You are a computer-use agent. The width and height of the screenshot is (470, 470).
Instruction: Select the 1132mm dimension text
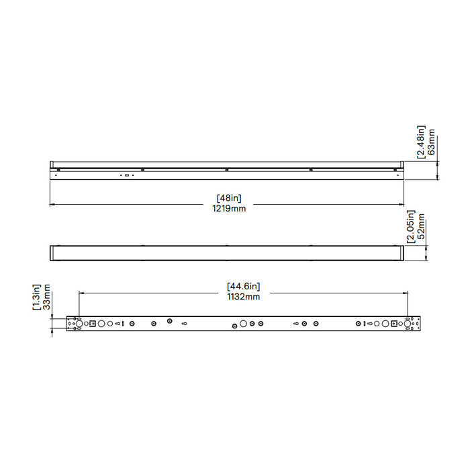(x=243, y=297)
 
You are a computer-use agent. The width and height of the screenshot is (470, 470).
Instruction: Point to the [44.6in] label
(x=243, y=287)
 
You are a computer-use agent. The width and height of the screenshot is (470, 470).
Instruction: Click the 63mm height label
(x=432, y=142)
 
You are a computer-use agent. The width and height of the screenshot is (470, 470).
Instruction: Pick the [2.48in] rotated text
(x=421, y=142)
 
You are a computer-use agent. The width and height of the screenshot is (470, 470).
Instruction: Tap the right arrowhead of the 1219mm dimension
(x=402, y=204)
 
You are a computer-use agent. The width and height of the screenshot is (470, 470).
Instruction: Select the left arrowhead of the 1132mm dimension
(x=81, y=292)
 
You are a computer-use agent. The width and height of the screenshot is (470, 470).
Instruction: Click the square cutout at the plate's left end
(x=93, y=324)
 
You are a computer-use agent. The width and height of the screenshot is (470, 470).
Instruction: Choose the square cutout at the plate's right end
(x=395, y=324)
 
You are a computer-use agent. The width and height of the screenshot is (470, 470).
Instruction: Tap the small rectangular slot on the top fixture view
(x=126, y=175)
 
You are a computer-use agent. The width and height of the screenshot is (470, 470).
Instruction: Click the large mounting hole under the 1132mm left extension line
(x=79, y=324)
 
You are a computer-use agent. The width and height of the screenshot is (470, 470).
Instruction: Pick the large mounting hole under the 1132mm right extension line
(x=408, y=324)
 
